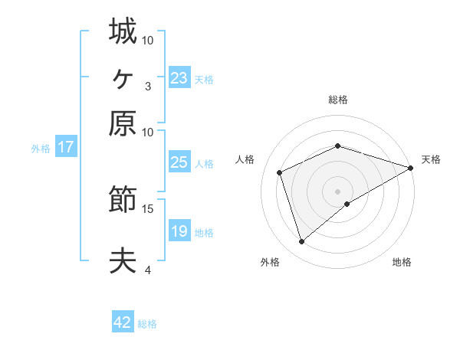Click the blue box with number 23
[x=179, y=78]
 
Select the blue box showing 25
[x=179, y=162]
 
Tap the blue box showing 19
[x=179, y=231]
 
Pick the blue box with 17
[x=66, y=148]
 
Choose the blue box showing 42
[x=123, y=322]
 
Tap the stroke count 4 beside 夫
[x=147, y=270]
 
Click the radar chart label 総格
[x=338, y=100]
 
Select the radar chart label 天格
[x=431, y=159]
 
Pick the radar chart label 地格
[x=402, y=262]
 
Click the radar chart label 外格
[x=270, y=262]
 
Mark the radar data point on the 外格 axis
[x=301, y=242]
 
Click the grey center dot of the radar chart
[x=338, y=191]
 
